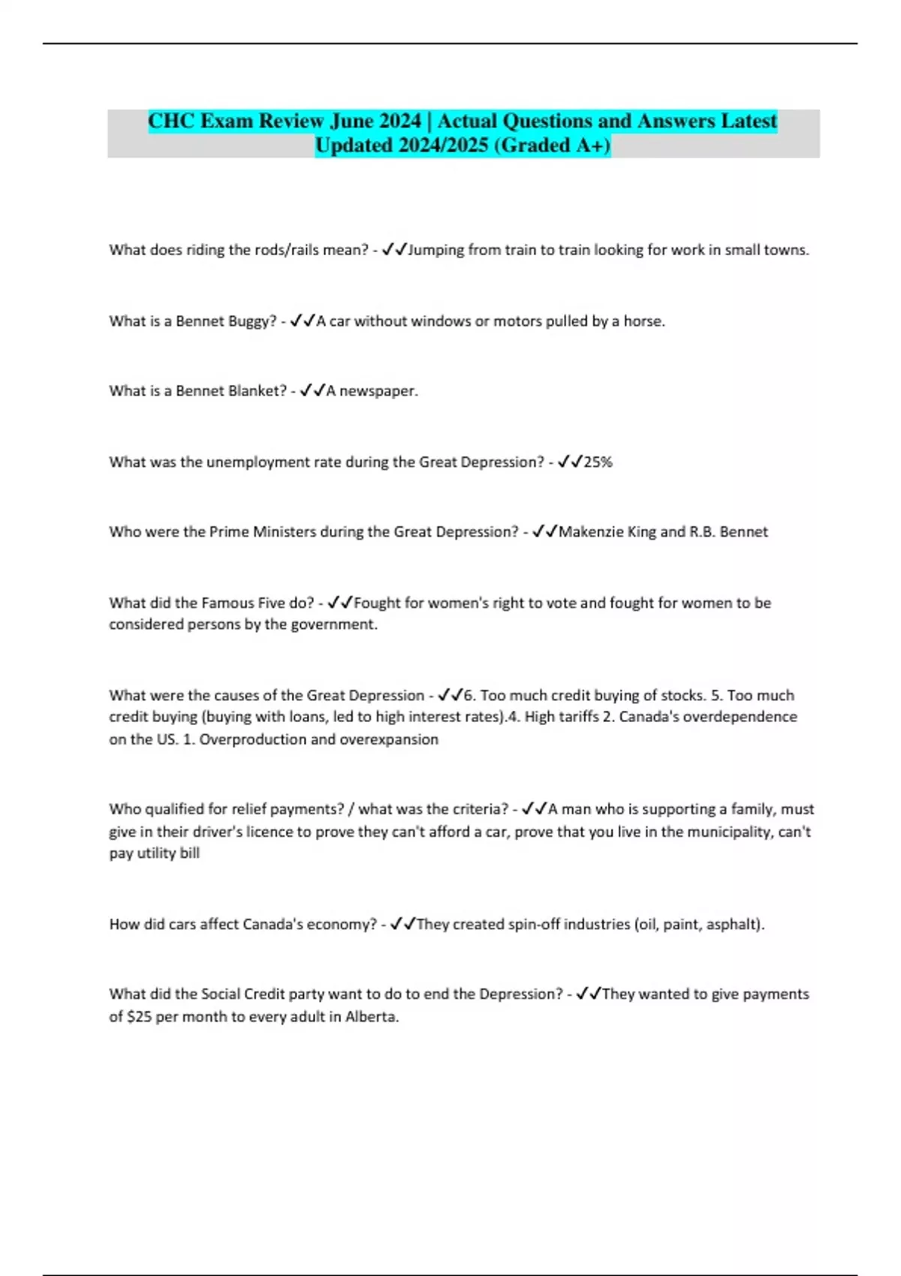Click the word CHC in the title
tap(173, 121)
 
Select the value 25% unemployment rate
tap(598, 462)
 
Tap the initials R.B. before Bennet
tap(702, 532)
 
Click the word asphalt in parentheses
tap(732, 924)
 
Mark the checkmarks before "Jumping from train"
tap(393, 249)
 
